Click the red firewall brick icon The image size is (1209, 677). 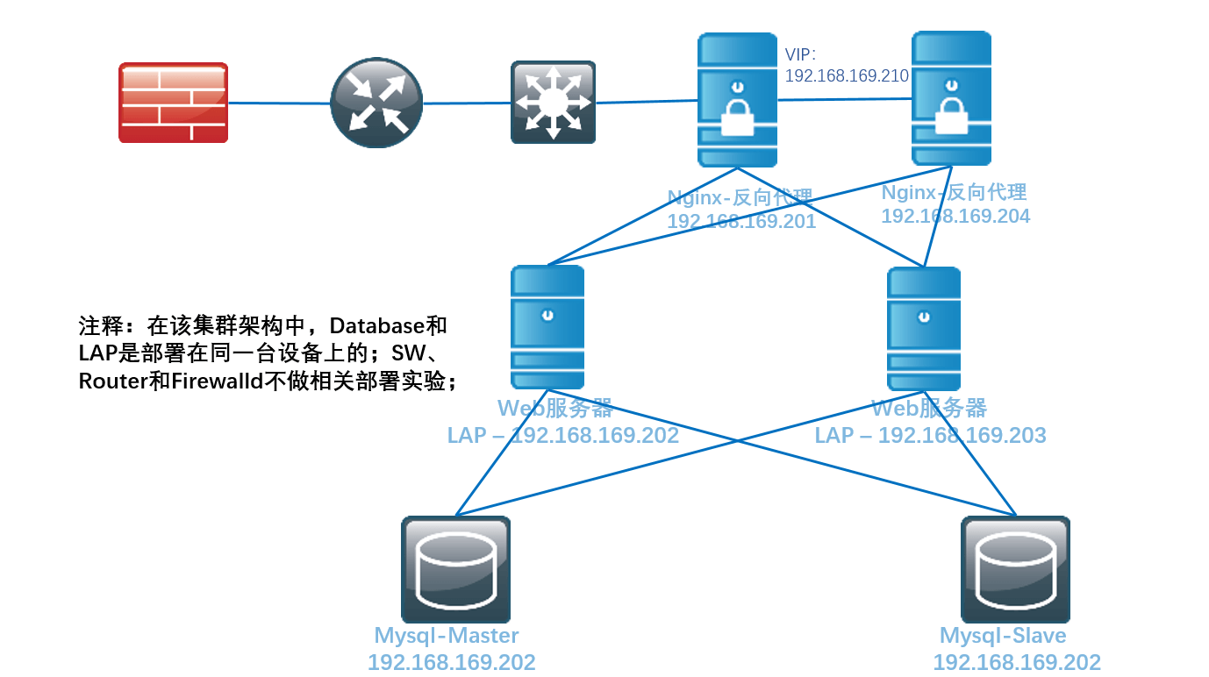173,102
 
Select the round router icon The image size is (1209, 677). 376,103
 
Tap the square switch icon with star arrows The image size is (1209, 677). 553,102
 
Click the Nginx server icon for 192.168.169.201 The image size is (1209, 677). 737,100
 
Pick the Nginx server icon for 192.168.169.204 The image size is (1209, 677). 951,98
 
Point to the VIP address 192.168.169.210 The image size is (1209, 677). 846,75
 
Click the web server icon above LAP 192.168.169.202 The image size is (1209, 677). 547,327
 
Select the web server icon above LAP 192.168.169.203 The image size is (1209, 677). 923,328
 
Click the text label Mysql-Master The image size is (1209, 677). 447,636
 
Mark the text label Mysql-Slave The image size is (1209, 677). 1003,636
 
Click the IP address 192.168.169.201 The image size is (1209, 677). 741,221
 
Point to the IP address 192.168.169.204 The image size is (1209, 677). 955,216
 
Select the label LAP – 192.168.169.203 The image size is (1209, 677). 930,435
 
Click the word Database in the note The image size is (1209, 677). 376,326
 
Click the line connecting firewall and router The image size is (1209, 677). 279,103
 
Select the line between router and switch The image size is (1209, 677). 467,103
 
